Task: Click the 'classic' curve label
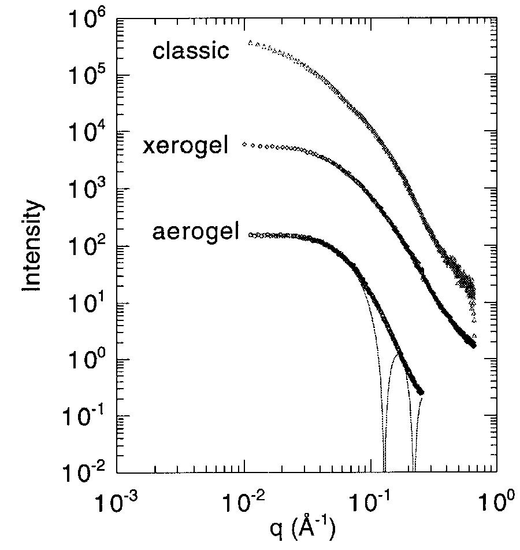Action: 191,51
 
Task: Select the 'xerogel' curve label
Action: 185,146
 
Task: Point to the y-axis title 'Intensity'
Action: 33,246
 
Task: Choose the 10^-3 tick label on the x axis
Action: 118,501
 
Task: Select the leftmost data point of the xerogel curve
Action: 244,143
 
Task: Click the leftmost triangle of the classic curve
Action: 250,42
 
